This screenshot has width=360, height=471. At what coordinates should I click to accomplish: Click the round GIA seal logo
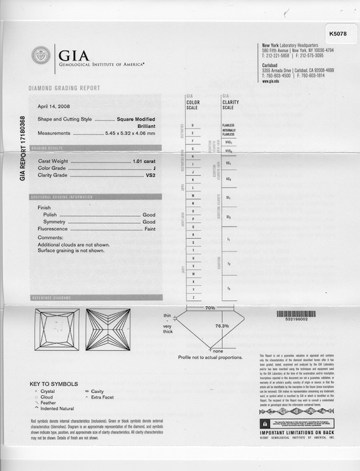tap(40, 55)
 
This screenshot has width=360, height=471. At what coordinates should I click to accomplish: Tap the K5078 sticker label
tap(338, 34)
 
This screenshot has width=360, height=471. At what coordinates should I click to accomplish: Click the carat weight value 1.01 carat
tap(144, 161)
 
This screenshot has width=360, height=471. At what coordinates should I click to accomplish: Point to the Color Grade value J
tap(154, 168)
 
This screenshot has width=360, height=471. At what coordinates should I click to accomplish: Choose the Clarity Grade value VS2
tap(150, 175)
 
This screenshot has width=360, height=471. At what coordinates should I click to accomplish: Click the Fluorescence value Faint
tap(149, 229)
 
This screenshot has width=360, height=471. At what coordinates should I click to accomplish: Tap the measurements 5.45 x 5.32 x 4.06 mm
tap(130, 133)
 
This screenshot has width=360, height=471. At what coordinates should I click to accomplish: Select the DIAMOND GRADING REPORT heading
tap(64, 88)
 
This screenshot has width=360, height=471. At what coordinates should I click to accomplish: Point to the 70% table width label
tap(210, 308)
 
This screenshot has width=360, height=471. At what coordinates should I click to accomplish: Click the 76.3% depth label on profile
tap(222, 326)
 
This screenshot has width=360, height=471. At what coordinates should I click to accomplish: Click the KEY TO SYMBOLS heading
tap(54, 384)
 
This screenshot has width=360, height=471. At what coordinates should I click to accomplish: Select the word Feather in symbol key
tap(48, 403)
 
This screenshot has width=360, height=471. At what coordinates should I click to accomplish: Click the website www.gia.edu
tap(271, 81)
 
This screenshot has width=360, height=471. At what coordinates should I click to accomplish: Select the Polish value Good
tap(149, 215)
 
